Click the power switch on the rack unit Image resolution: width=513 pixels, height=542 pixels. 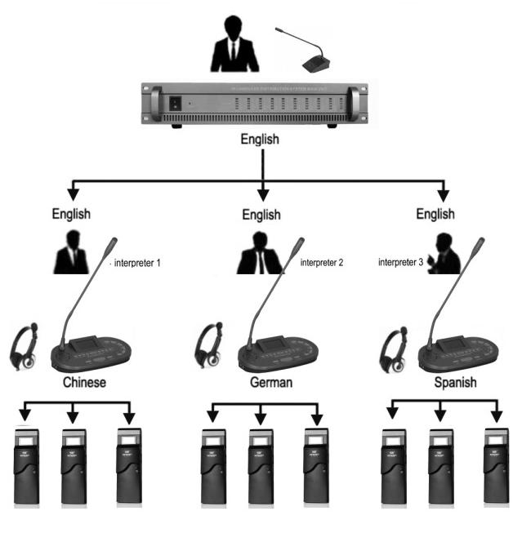point(173,104)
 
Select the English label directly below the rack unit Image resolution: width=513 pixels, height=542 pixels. point(260,140)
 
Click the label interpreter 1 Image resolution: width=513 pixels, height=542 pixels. point(141,263)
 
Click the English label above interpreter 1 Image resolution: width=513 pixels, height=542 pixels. point(70,215)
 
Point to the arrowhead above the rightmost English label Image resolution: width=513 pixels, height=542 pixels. point(444,196)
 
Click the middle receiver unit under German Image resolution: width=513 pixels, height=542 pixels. point(261,469)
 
